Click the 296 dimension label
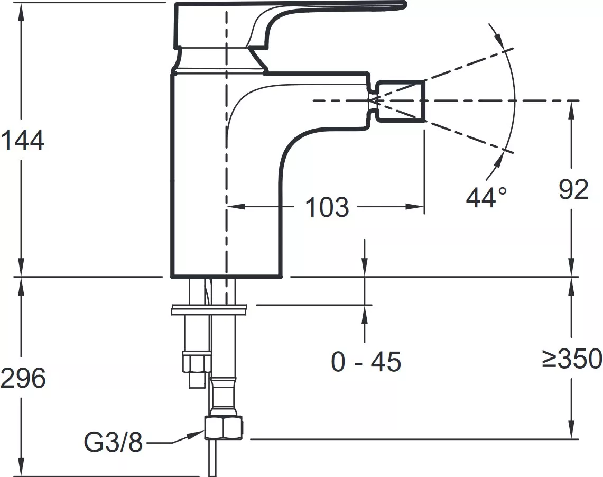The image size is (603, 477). pos(23,378)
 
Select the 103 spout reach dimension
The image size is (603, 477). pos(327,207)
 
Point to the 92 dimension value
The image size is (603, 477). pos(573,189)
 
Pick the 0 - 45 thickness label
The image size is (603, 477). pos(366,362)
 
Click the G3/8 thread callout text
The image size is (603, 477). pos(114,443)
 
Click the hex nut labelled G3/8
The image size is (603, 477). pos(225,428)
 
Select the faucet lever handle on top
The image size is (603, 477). pos(289,25)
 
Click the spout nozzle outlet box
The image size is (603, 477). pos(401,101)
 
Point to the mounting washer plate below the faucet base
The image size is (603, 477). pos(208,310)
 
